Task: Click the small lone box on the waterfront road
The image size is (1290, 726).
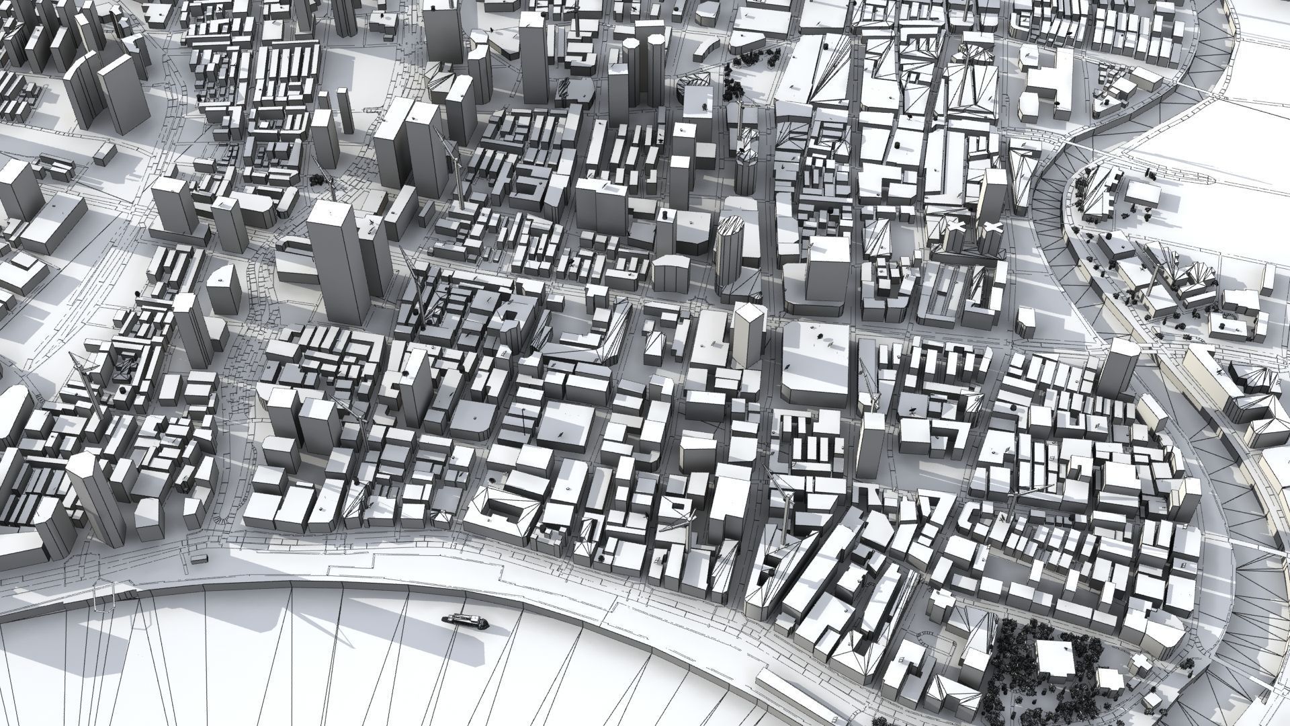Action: click(200, 558)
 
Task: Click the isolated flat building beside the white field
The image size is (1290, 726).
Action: click(1142, 195)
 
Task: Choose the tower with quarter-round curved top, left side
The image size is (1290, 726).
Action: click(224, 289)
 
